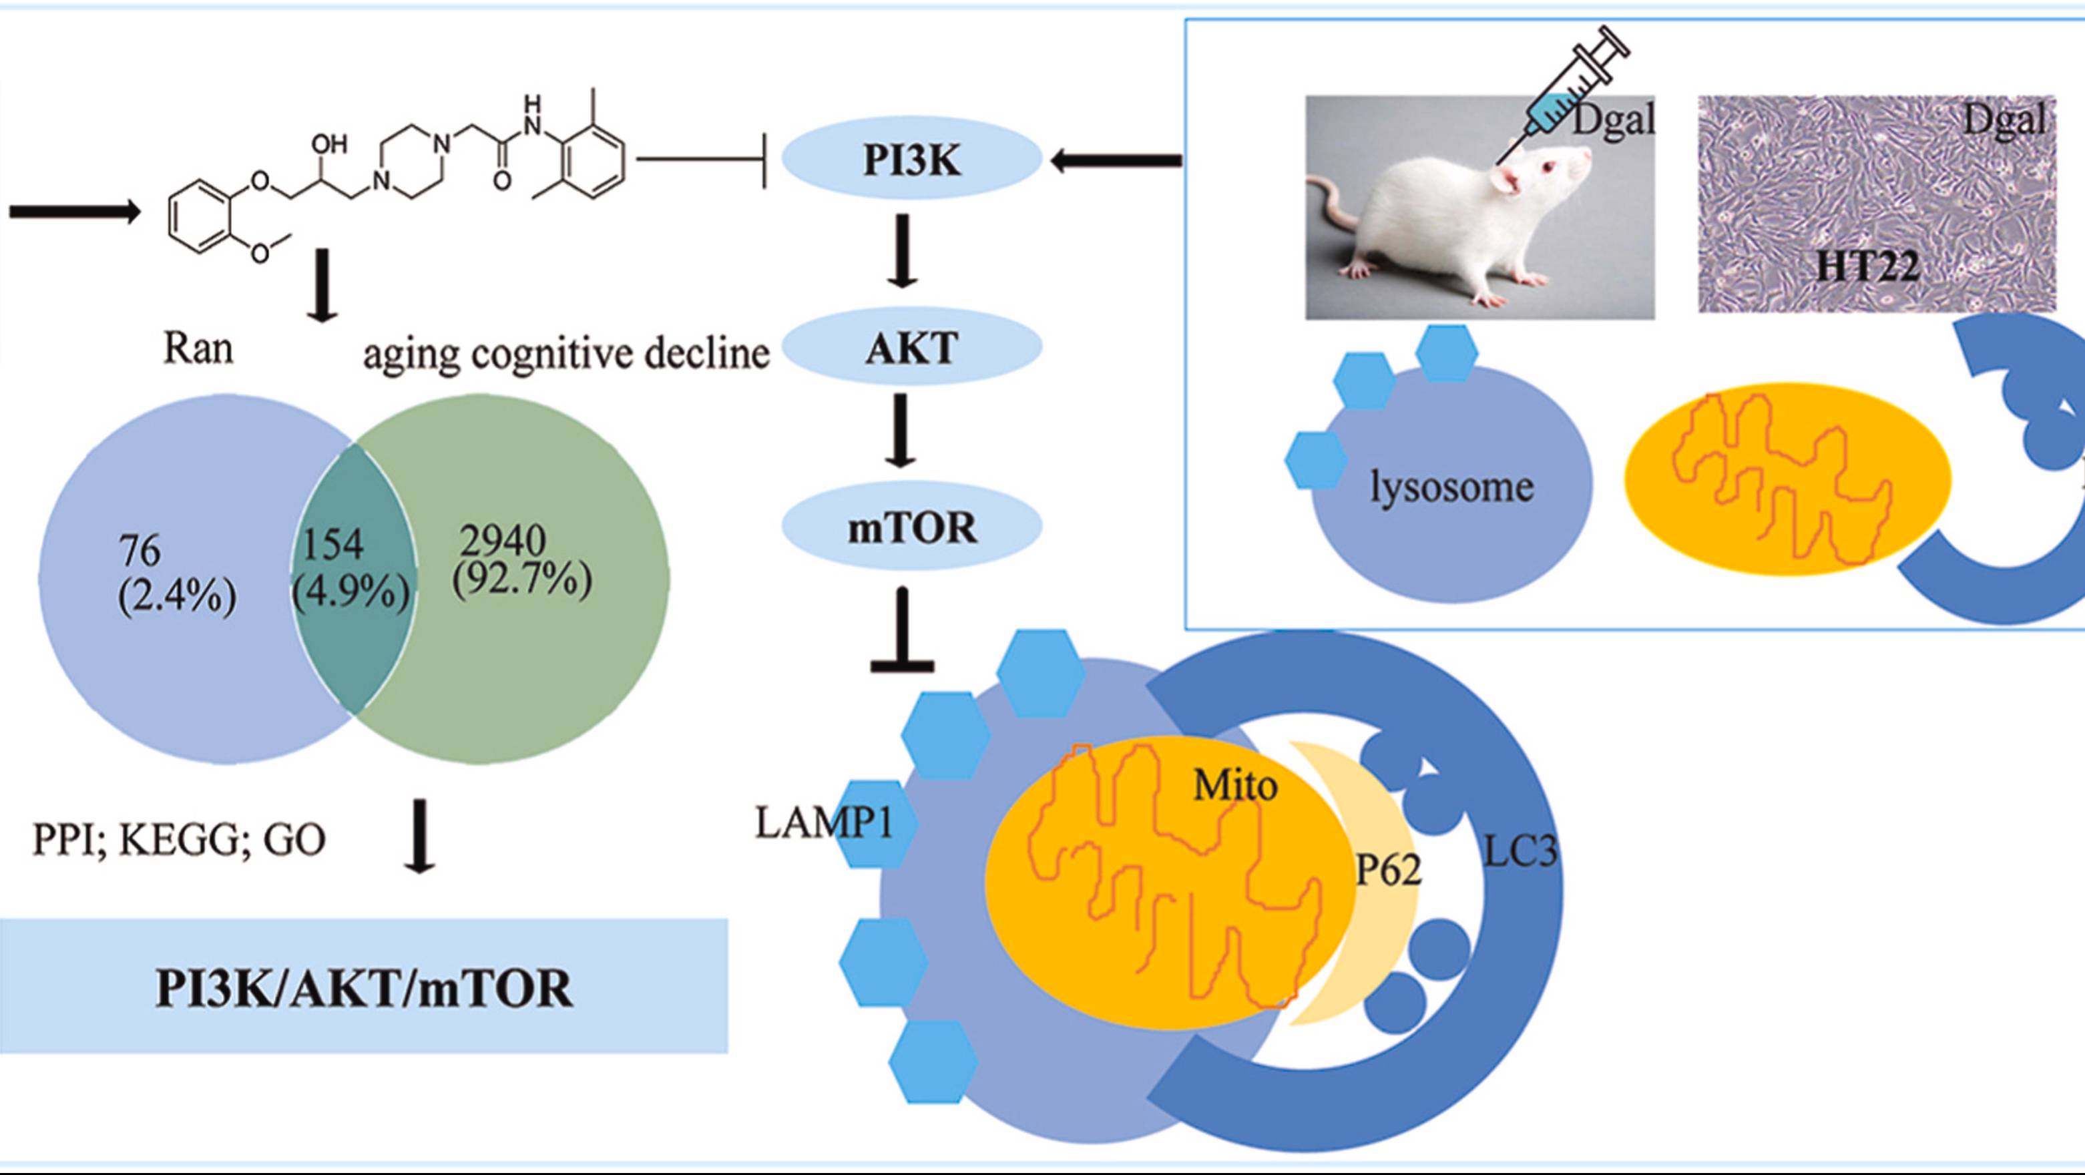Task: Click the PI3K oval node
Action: [x=911, y=160]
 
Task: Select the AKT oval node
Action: [x=911, y=348]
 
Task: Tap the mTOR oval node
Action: [x=911, y=527]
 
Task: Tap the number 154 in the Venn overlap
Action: [x=332, y=545]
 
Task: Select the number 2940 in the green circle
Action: [x=503, y=539]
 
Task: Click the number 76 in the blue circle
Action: [x=140, y=551]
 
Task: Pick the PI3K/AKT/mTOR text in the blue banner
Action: [x=365, y=988]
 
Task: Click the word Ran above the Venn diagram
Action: [x=198, y=348]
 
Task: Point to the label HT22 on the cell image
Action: [x=1867, y=266]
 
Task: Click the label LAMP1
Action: [x=823, y=823]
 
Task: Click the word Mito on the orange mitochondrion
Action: [x=1235, y=785]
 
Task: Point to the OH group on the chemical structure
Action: [x=328, y=144]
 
